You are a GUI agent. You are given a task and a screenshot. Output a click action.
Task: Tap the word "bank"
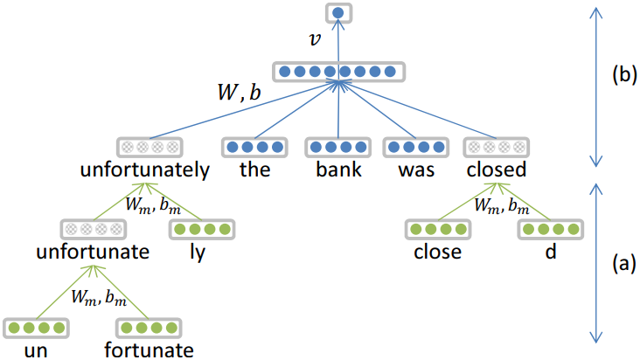(338, 170)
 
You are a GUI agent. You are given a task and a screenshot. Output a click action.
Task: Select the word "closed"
(496, 170)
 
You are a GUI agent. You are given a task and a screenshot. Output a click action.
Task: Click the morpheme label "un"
(36, 350)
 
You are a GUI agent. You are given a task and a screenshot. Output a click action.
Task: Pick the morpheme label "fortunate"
(148, 350)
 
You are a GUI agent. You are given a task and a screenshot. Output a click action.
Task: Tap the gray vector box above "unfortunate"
(92, 230)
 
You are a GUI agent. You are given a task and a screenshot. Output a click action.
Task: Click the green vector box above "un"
(36, 329)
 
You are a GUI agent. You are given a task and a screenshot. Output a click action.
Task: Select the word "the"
(254, 170)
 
